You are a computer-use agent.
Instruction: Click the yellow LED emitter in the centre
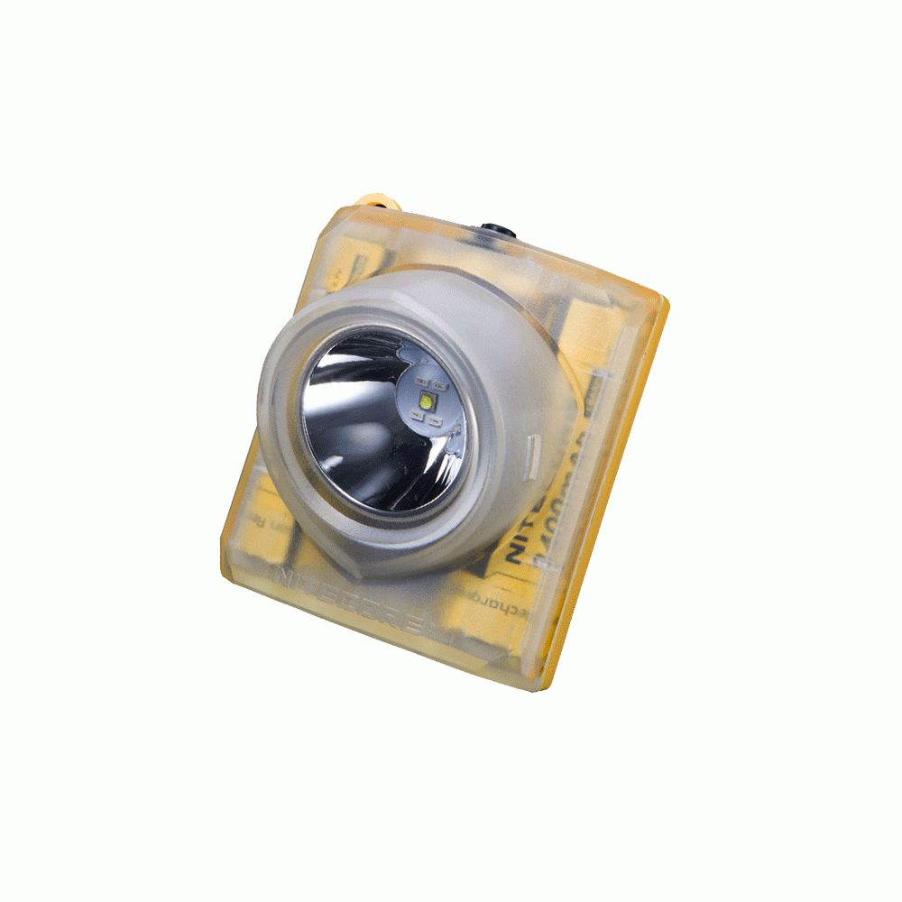pos(426,402)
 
